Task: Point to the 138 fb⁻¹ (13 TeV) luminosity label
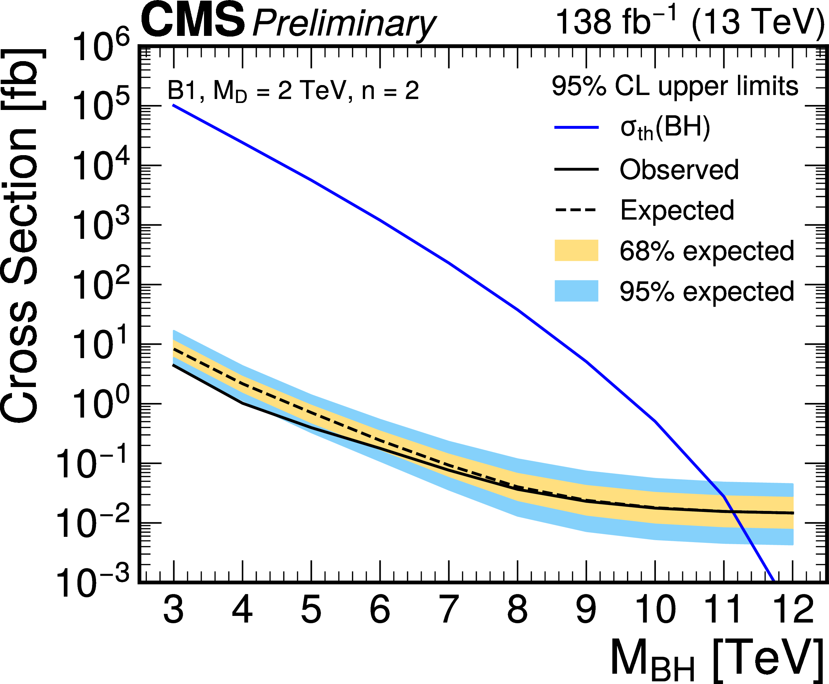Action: click(x=689, y=21)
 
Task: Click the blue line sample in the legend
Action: click(x=576, y=128)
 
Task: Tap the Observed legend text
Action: click(x=679, y=170)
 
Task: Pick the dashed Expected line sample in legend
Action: click(x=576, y=210)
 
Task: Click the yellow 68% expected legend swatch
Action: click(x=576, y=250)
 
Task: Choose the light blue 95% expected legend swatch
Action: click(x=576, y=291)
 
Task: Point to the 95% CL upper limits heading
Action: click(x=674, y=86)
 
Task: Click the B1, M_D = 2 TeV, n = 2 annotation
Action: click(x=293, y=91)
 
